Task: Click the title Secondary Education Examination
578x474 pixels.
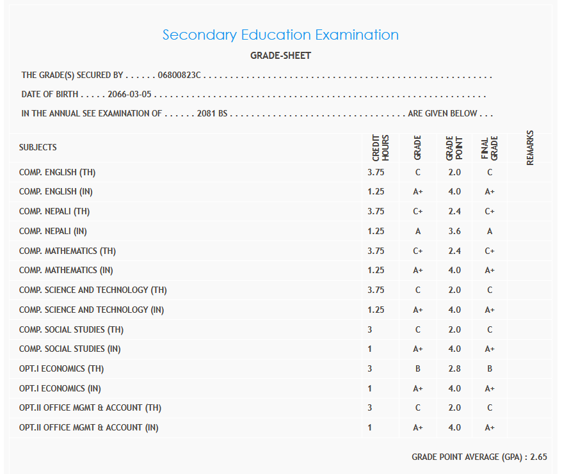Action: click(280, 35)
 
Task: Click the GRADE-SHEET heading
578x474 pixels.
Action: click(280, 56)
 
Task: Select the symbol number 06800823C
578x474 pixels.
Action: click(179, 75)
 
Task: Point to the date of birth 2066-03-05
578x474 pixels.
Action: click(129, 95)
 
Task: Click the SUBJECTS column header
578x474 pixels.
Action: click(38, 147)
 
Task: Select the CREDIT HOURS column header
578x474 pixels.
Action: click(380, 147)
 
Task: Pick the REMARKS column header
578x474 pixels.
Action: click(530, 148)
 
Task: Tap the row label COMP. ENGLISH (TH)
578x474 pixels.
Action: click(58, 172)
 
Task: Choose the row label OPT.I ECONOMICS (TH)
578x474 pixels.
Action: click(61, 369)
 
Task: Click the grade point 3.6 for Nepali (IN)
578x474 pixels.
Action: click(454, 232)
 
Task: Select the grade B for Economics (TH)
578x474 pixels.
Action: click(417, 369)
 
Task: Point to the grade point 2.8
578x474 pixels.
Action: click(454, 369)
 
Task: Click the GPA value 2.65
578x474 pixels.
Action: click(538, 457)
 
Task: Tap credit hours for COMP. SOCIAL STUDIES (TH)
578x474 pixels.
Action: click(370, 330)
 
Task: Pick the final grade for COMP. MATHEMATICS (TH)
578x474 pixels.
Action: click(490, 251)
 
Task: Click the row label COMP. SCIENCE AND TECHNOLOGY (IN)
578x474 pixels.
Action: click(92, 310)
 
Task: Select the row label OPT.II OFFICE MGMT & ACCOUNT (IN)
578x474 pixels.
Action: click(89, 428)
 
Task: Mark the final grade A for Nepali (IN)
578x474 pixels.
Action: click(490, 232)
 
